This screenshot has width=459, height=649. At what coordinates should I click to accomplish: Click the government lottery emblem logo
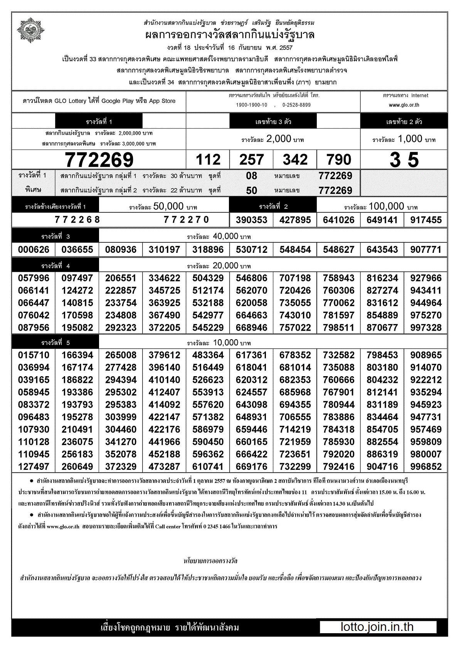tap(31, 30)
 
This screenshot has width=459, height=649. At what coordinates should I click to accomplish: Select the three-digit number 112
tap(208, 160)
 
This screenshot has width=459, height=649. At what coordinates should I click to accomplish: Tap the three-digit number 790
tap(339, 160)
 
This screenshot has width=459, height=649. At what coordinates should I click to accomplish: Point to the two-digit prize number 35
tap(404, 160)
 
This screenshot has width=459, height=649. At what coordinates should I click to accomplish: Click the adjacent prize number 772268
tap(77, 220)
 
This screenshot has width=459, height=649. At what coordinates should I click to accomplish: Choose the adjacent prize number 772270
tap(187, 220)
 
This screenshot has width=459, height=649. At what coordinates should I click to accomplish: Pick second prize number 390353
tap(252, 220)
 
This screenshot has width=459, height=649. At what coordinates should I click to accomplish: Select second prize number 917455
tap(426, 220)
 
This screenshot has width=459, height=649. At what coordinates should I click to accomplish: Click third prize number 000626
tap(34, 250)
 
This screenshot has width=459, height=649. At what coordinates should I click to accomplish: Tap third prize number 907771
tap(426, 250)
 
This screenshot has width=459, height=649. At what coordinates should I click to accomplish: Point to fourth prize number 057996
tap(34, 278)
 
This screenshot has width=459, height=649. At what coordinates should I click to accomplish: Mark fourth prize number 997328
tap(426, 328)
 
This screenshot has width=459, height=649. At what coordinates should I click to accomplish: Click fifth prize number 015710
tap(34, 355)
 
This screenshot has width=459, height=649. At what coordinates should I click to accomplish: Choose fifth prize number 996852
tap(426, 467)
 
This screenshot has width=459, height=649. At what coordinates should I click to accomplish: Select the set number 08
tap(252, 176)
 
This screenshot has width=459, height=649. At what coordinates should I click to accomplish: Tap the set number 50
tap(252, 190)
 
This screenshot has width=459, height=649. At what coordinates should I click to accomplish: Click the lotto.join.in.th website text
tap(377, 627)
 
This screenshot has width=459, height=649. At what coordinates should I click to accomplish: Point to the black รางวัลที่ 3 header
tap(55, 237)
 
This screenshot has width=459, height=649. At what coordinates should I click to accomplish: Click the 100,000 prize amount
tap(386, 207)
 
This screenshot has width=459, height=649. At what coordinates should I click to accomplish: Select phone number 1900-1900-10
tap(252, 105)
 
